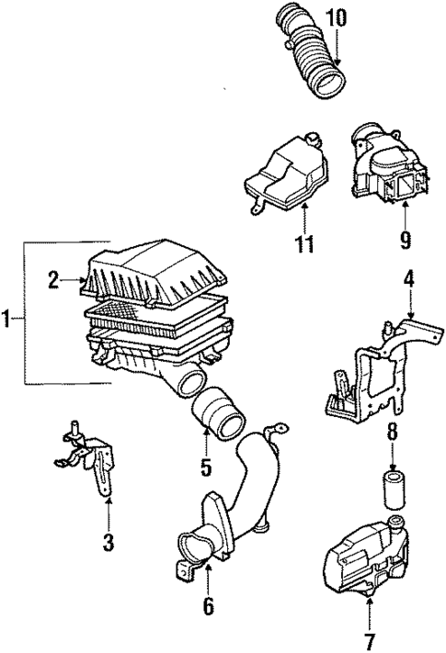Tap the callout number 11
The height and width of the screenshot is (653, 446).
point(303,243)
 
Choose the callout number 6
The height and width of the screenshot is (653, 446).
point(208,606)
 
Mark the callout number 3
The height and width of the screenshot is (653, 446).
point(109,544)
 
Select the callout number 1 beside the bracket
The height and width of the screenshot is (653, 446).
point(7,320)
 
